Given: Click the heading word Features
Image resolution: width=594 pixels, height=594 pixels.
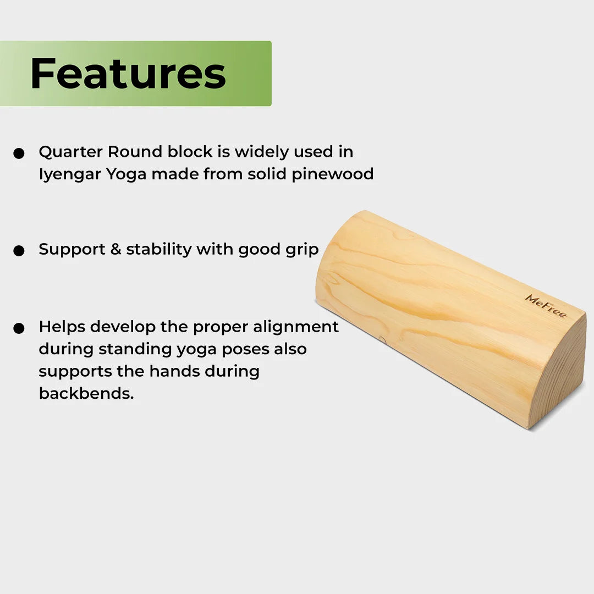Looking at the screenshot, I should point(128,73).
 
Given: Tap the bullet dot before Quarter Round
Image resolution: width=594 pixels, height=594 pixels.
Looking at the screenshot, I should point(19,153).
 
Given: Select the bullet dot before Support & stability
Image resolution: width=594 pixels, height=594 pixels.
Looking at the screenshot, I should point(19,251).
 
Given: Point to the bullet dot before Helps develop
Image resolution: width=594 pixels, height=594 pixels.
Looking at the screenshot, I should point(19,328).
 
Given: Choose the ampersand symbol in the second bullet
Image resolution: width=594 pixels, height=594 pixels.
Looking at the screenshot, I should point(116,249).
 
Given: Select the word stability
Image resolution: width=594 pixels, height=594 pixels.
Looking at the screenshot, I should point(159,250).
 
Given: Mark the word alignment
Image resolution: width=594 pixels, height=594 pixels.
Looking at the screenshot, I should point(296,327).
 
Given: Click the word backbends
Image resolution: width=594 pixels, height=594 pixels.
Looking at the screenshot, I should point(86,393).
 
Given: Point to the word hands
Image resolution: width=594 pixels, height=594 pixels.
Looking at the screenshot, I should point(174,371).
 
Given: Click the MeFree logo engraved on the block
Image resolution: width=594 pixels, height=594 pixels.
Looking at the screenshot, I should point(546,306).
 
